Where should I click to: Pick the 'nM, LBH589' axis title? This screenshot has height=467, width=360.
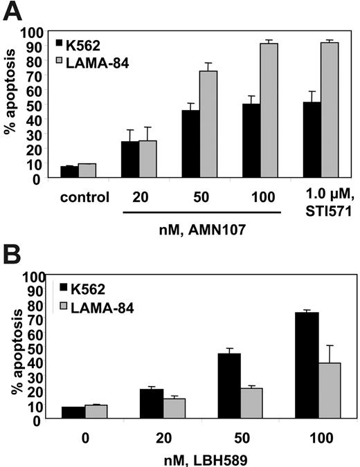201,457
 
